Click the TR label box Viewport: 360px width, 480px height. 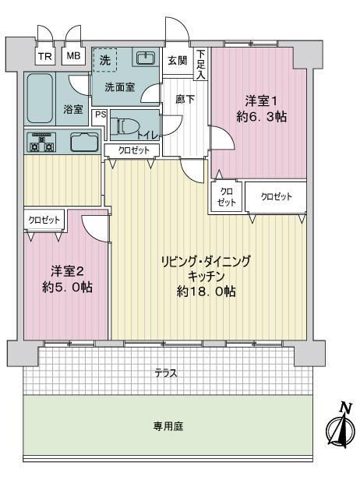click(45, 56)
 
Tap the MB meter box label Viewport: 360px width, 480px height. click(73, 56)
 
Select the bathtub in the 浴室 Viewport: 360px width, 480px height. click(40, 98)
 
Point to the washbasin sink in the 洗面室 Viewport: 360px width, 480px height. click(146, 58)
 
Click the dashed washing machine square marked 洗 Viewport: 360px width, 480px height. click(105, 60)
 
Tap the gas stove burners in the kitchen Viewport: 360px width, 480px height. click(41, 143)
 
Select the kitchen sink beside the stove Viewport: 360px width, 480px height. click(84, 143)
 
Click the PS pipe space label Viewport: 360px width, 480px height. click(101, 115)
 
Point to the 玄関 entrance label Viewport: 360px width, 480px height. click(178, 61)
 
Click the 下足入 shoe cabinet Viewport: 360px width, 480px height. click(201, 64)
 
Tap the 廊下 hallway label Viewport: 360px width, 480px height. click(185, 100)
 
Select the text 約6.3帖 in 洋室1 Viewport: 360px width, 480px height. click(262, 117)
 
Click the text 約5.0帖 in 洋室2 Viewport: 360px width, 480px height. click(67, 287)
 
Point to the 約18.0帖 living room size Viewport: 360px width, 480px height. click(206, 291)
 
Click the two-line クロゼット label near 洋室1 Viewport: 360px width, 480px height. click(227, 197)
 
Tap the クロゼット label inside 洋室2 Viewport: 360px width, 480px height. click(44, 220)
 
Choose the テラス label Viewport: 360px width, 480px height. click(166, 373)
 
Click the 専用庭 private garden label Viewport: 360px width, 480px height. click(168, 426)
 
